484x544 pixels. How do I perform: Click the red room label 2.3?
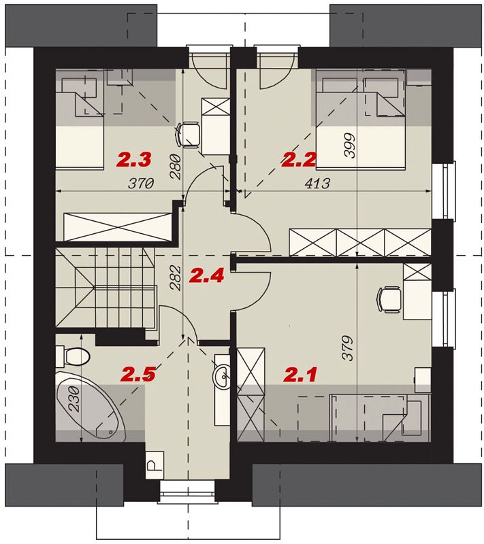click(134, 160)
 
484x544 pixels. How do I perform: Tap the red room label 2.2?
click(299, 160)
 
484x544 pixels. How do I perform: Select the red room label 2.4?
click(206, 276)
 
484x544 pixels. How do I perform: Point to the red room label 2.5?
click(138, 375)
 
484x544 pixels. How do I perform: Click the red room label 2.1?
click(301, 375)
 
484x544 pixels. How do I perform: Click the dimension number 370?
click(142, 183)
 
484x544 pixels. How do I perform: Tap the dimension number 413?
click(317, 183)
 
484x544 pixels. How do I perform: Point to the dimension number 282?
click(176, 277)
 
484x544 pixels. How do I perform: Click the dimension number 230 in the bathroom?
click(75, 399)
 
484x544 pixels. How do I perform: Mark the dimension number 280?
click(176, 167)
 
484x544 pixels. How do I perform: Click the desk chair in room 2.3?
click(188, 135)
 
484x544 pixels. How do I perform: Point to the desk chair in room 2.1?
click(389, 299)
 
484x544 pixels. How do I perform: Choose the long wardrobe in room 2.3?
click(118, 227)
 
